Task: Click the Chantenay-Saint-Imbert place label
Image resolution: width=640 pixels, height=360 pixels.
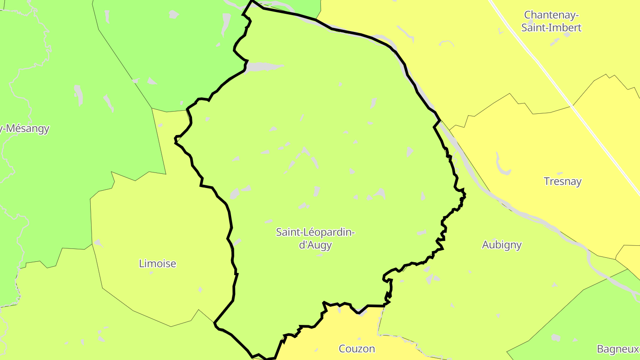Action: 551,21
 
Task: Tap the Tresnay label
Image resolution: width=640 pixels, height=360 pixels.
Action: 563,181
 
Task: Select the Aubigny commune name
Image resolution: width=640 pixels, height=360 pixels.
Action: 502,245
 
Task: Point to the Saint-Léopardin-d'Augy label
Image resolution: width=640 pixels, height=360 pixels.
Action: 316,238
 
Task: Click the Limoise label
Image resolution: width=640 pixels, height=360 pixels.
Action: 158,264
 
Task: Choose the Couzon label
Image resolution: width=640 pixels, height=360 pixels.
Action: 357,348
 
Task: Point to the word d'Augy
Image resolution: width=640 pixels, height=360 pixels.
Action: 316,245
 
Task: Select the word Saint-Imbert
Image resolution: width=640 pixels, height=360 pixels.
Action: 551,28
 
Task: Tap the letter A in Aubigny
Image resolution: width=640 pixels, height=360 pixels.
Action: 486,245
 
